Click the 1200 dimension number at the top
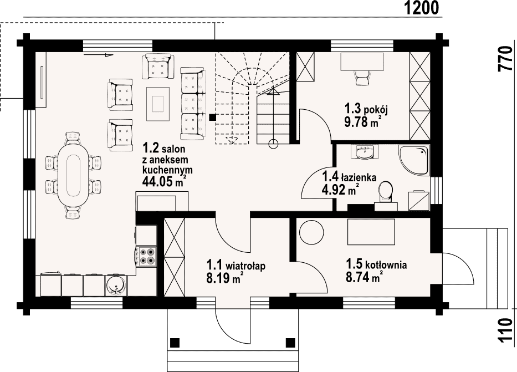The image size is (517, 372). [421, 8]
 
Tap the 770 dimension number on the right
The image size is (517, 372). [505, 59]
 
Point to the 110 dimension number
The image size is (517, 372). [505, 330]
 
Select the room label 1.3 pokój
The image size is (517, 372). [366, 109]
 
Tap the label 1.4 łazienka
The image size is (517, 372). [350, 177]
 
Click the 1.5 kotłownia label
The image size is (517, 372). [376, 264]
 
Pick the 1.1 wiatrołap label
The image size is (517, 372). [236, 265]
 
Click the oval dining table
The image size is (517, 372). [73, 175]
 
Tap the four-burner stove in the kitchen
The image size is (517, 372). [147, 256]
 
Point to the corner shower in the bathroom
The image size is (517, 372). [414, 160]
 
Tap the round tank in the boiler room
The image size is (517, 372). [311, 232]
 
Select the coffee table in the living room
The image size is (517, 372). [158, 104]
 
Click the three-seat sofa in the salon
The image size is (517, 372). [193, 103]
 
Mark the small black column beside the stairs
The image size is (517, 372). [213, 117]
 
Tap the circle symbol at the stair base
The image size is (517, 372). [273, 144]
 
